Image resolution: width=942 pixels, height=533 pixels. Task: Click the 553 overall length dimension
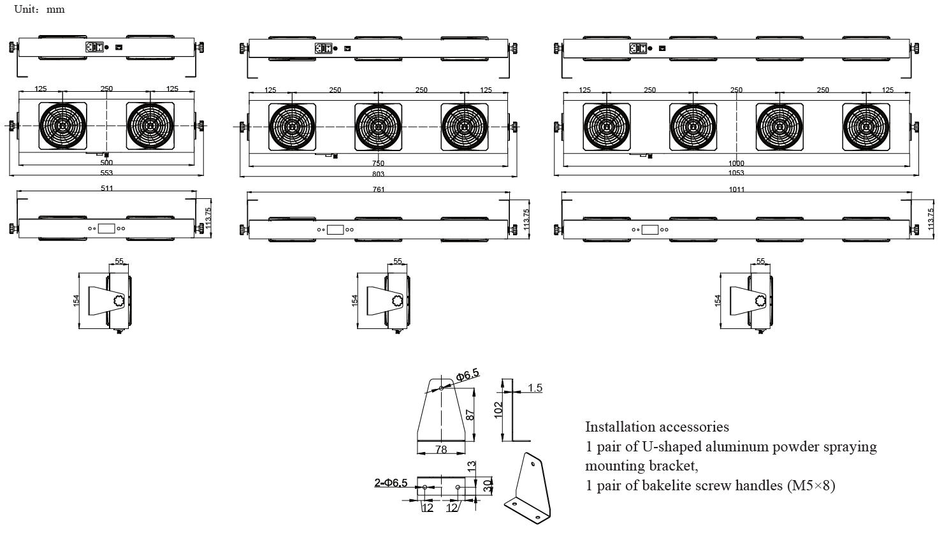coord(106,173)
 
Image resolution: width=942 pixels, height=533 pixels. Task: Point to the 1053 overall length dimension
coord(736,173)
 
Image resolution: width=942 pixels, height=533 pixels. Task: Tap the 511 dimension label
coord(106,189)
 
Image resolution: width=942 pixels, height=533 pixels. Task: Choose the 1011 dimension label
coord(737,189)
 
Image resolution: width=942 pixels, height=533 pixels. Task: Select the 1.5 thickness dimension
coord(535,388)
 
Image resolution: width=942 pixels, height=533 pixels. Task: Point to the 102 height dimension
coord(499,408)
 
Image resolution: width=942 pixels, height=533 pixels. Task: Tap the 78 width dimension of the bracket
coord(440,449)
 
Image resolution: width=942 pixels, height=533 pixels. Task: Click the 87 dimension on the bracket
coord(470,414)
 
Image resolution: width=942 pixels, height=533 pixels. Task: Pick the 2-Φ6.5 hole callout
coord(391,483)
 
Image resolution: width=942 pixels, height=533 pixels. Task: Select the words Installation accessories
coord(657,427)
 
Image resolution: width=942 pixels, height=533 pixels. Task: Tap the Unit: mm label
coord(39,10)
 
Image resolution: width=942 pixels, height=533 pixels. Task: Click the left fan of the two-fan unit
coord(63,125)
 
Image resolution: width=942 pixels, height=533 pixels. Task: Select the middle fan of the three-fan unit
coord(378,126)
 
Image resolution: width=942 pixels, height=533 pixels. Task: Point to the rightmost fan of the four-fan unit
coord(866,126)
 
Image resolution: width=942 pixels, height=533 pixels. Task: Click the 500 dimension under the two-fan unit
coord(106,163)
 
